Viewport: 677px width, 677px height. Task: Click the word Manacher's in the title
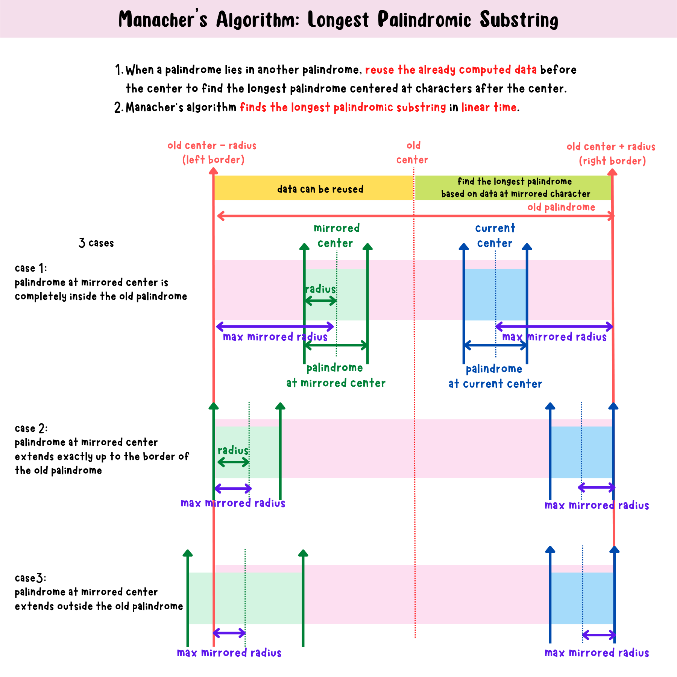[x=162, y=20]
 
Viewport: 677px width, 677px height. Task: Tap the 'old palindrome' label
[x=561, y=207]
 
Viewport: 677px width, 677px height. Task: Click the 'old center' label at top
[x=413, y=153]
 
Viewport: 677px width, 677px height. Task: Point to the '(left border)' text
[x=213, y=160]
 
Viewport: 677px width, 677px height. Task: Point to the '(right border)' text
[x=612, y=161]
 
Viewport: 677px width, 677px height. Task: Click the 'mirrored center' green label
[x=336, y=235]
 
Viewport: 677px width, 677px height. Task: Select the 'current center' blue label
[x=495, y=235]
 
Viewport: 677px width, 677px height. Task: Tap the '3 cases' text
[x=96, y=243]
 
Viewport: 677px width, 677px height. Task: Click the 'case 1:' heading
[x=31, y=268]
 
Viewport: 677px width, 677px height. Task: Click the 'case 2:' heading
[x=31, y=428]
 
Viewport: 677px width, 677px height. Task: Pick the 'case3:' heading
[x=30, y=578]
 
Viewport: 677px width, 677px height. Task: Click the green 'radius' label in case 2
[x=233, y=450]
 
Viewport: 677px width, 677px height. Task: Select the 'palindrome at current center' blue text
[x=495, y=376]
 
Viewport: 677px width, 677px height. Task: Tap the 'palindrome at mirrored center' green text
[x=335, y=375]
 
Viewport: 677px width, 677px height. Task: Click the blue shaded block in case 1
[x=495, y=294]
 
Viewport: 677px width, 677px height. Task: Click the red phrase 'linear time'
[x=489, y=108]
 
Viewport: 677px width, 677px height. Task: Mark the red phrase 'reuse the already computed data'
[x=451, y=70]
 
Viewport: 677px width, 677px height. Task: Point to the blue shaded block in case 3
[x=581, y=598]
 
